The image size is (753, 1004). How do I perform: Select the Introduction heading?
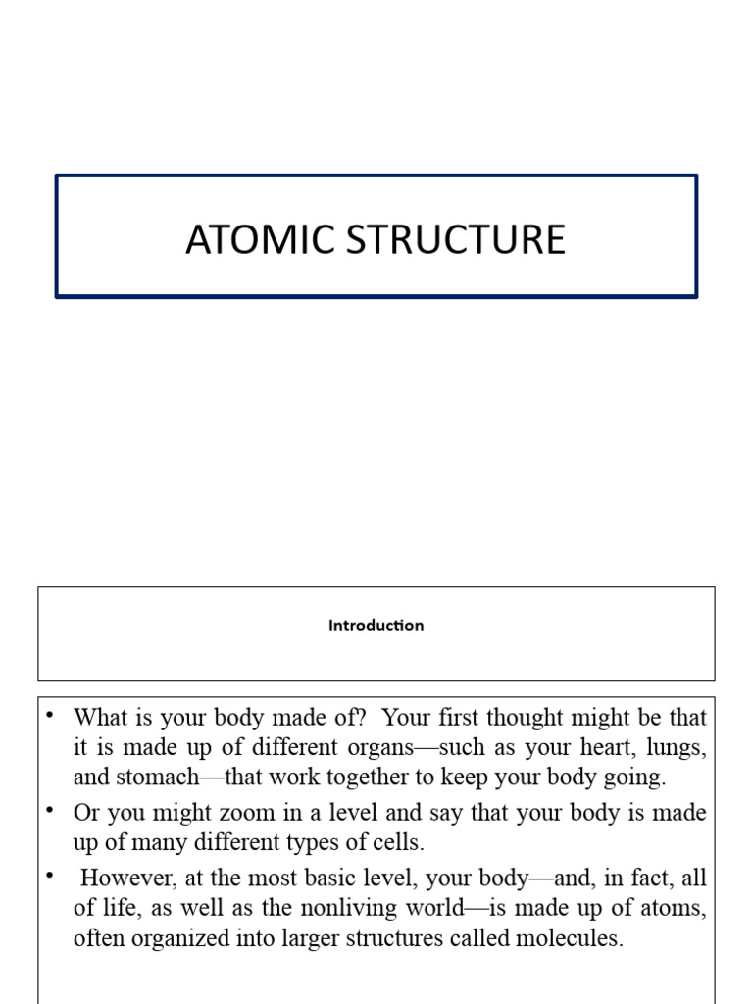(x=376, y=626)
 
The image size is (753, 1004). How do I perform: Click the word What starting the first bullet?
(x=100, y=717)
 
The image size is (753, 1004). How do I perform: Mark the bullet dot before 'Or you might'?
(x=49, y=810)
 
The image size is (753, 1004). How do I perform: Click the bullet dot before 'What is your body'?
(x=49, y=714)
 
